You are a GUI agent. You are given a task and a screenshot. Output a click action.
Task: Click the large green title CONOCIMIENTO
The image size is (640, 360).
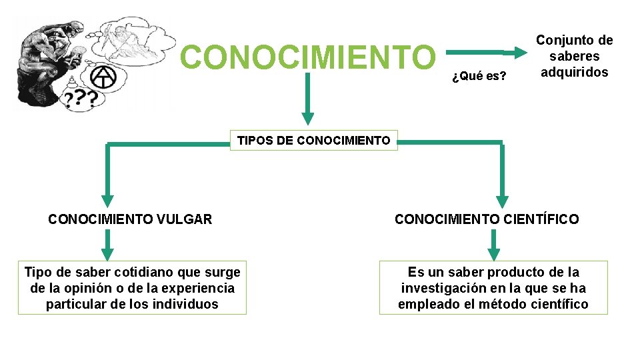tap(307, 57)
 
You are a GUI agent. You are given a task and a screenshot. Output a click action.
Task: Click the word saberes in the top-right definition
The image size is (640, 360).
tap(574, 56)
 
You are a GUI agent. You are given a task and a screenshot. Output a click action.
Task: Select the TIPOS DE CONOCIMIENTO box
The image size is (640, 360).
tap(314, 140)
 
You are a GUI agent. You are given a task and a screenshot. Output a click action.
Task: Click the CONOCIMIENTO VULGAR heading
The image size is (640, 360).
tap(130, 219)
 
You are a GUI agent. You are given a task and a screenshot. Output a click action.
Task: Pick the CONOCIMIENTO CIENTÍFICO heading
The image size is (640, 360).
tap(487, 219)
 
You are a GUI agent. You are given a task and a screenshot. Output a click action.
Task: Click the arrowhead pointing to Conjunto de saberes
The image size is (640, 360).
tap(520, 50)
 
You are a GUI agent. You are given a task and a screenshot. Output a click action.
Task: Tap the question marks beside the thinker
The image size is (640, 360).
tap(81, 100)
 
